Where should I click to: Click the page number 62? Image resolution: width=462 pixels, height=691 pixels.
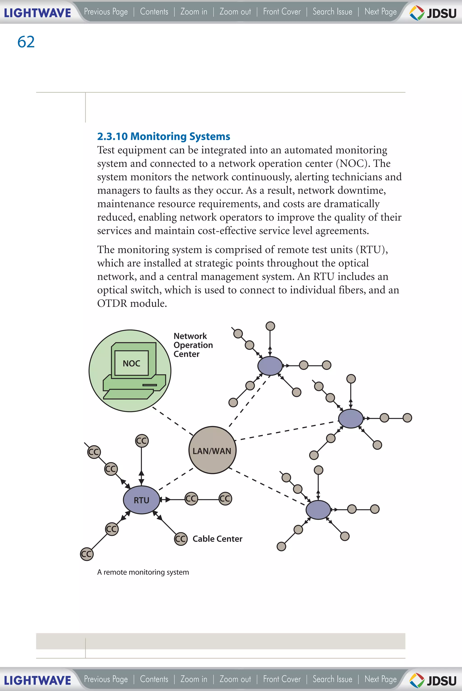26,42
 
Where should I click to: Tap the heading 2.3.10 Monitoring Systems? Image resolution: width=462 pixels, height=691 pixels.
164,136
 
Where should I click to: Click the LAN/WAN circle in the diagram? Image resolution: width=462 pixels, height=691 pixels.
212,450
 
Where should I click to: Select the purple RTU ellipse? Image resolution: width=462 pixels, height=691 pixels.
141,500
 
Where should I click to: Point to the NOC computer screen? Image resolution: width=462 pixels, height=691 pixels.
132,363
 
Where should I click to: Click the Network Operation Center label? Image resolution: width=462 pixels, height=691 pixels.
193,345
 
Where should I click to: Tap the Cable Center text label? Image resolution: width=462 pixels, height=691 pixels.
217,539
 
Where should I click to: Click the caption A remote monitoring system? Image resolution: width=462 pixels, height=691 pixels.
143,572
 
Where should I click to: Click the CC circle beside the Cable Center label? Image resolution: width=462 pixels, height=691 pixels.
181,539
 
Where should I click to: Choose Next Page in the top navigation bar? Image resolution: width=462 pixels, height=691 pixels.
380,12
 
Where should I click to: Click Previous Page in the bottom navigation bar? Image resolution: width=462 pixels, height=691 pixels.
106,679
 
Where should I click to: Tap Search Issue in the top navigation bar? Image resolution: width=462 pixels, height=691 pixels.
332,12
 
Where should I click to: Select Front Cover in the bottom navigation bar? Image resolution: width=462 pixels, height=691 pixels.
282,679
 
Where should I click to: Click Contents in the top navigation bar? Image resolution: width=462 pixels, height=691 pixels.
154,12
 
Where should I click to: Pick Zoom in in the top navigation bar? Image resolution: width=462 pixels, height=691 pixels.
194,12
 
